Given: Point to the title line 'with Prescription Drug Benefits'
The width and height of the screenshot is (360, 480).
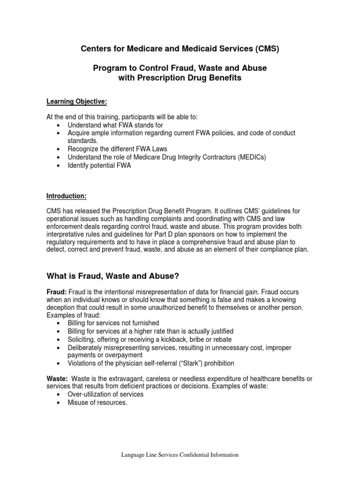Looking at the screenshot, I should (180, 78).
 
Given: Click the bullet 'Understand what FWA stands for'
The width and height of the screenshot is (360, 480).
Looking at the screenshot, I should (115, 126).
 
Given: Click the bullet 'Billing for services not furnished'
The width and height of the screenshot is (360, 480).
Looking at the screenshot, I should (113, 323).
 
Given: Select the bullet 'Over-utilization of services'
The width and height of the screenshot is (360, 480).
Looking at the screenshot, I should (105, 394).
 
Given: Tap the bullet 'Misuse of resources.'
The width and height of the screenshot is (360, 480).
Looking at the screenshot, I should (97, 403).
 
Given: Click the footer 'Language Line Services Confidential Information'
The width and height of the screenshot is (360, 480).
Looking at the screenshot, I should (180, 455).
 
